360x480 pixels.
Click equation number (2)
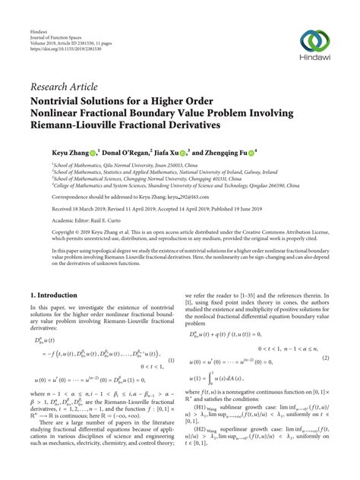327,336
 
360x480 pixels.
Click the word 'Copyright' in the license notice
65,231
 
